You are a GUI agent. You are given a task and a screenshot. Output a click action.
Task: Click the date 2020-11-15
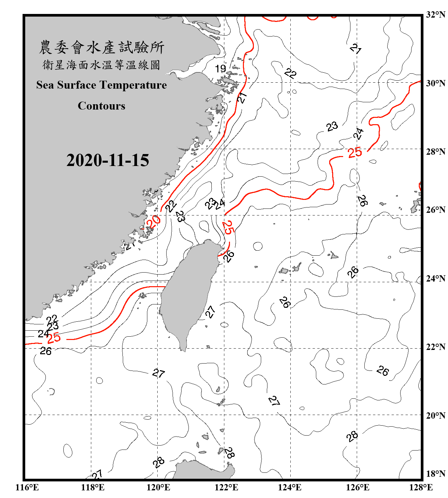click(x=108, y=160)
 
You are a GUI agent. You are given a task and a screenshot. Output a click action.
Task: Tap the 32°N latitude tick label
click(x=435, y=15)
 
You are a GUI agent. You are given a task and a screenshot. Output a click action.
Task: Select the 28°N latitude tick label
click(x=435, y=152)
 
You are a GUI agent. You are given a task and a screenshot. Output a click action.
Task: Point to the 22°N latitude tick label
click(x=435, y=347)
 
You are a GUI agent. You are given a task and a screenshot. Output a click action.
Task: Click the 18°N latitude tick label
click(x=435, y=474)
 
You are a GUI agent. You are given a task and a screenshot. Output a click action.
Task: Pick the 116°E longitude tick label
click(x=27, y=487)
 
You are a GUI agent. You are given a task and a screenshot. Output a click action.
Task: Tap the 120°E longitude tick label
click(x=158, y=487)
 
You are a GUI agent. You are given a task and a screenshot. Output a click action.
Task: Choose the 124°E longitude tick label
click(x=290, y=487)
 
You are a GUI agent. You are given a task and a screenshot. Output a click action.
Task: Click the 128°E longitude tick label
click(x=421, y=487)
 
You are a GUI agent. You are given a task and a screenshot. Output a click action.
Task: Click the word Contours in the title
click(x=102, y=106)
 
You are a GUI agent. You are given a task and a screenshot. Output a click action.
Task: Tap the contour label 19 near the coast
click(x=220, y=69)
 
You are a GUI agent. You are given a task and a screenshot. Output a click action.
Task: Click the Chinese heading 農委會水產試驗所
click(x=102, y=47)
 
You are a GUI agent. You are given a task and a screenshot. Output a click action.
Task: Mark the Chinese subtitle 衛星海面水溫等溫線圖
click(x=102, y=65)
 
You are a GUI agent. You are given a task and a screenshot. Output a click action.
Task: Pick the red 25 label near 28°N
click(x=355, y=153)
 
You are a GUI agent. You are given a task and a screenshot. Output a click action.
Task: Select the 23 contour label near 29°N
click(x=332, y=126)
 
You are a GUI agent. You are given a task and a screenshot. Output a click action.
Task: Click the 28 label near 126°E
click(x=352, y=436)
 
